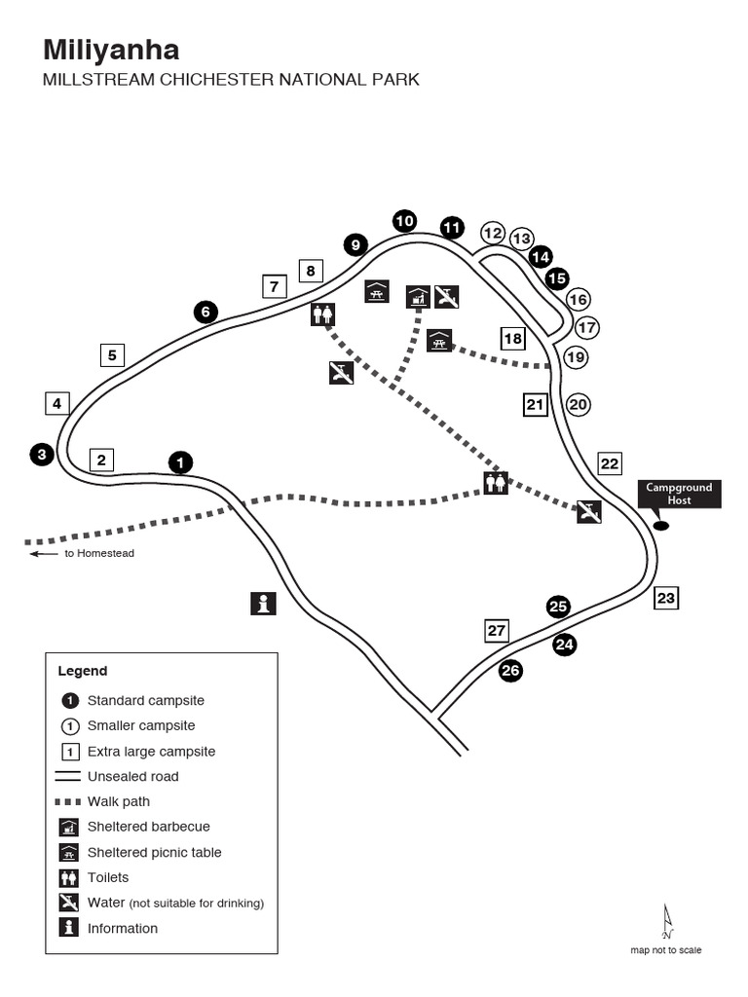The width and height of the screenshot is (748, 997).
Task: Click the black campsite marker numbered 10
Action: [x=404, y=221]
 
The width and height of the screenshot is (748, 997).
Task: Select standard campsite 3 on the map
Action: [x=42, y=454]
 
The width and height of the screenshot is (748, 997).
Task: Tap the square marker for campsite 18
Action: [x=512, y=338]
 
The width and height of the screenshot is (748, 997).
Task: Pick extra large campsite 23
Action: [x=665, y=598]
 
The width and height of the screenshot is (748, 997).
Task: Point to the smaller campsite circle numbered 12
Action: [x=493, y=233]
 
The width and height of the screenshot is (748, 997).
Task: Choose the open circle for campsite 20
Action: [x=579, y=404]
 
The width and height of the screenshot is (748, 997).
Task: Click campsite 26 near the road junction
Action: [x=510, y=670]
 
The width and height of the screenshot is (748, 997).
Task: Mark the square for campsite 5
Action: [x=112, y=355]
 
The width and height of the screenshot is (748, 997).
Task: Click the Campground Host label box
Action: [x=679, y=494]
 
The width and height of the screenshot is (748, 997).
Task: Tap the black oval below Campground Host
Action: [x=661, y=526]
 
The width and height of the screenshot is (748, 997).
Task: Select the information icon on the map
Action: [x=263, y=604]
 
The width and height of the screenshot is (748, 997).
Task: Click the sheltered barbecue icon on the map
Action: [x=418, y=296]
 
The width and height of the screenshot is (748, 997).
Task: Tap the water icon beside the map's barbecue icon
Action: [x=447, y=296]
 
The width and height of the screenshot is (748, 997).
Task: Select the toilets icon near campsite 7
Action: [x=323, y=314]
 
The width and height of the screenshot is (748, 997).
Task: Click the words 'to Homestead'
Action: [x=98, y=553]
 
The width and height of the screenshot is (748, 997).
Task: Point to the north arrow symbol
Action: [x=667, y=921]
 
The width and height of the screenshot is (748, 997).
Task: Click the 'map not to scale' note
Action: [x=665, y=950]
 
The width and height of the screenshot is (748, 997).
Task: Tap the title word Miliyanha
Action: [x=110, y=51]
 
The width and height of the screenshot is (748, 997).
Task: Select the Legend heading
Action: [x=83, y=671]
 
